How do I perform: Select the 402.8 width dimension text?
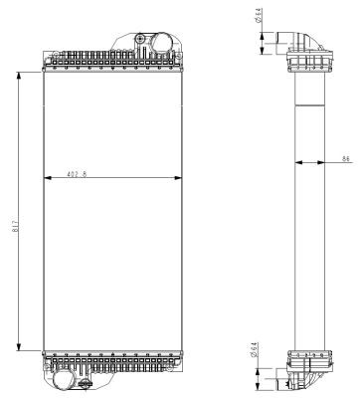coord(77,174)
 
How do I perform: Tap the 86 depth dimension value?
coord(346,158)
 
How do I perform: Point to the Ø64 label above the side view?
coord(259,15)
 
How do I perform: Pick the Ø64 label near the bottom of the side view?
coord(254,350)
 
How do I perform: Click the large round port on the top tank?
coord(161,43)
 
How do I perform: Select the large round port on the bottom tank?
coord(63,380)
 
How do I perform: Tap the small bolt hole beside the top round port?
coord(140,39)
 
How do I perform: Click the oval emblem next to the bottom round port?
coord(86,384)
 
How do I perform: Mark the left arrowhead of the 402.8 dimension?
coord(48,178)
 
